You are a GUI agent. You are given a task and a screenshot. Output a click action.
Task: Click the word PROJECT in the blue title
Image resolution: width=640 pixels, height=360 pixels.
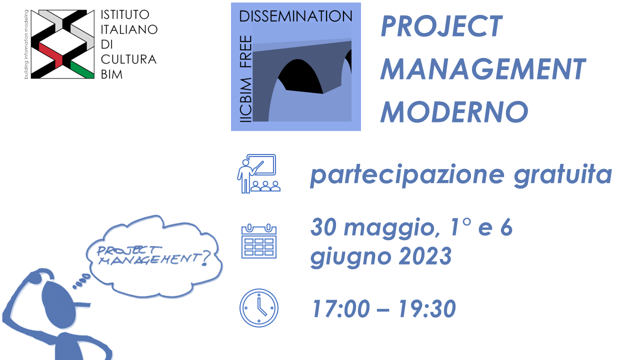click(441, 26)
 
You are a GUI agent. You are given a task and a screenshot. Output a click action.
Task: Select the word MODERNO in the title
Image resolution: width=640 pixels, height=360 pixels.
click(454, 111)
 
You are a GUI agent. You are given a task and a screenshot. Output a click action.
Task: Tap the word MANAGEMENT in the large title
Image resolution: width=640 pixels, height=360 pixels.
click(483, 69)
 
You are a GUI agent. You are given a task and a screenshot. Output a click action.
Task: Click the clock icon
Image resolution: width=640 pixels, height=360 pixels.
click(259, 308)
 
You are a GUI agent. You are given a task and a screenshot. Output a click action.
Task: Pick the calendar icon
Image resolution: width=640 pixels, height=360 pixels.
click(259, 241)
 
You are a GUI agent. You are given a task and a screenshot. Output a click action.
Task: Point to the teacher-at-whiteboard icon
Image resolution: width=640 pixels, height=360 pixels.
click(259, 173)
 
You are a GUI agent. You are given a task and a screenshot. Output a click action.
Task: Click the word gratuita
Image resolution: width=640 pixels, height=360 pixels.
click(563, 175)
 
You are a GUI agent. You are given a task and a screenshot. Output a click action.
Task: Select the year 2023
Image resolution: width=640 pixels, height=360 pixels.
click(425, 256)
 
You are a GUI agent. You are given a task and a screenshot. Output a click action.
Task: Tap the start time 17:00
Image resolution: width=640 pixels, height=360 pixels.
click(341, 309)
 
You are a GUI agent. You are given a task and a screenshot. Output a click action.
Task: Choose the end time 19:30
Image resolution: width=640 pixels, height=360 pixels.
click(427, 309)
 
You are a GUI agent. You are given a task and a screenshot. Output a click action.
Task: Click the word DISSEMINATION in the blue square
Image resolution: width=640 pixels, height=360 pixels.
click(295, 16)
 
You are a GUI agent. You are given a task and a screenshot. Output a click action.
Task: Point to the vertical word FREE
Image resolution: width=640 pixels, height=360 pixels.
click(245, 51)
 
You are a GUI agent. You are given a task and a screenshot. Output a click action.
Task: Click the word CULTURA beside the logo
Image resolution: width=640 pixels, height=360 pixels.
click(128, 59)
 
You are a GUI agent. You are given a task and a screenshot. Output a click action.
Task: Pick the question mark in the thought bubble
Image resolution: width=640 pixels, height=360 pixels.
click(205, 258)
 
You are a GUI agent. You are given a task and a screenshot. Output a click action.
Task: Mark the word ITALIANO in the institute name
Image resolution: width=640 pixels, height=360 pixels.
click(129, 29)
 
